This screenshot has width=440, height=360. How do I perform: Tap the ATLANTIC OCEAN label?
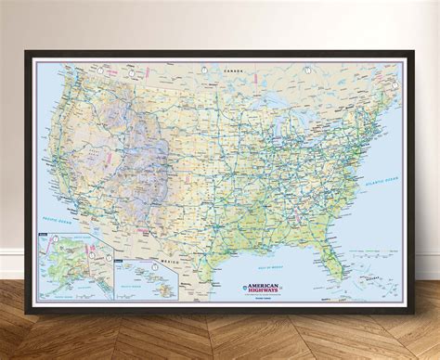click(376, 164)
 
